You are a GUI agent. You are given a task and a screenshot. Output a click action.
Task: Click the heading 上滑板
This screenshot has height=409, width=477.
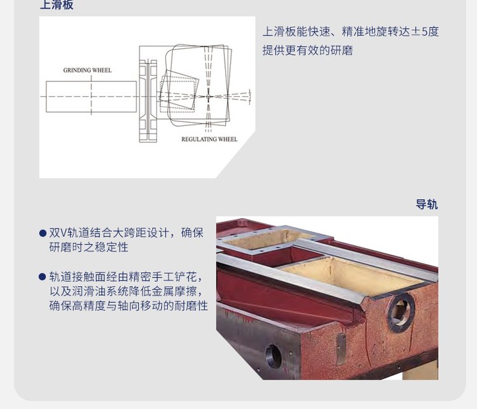[x=57, y=5]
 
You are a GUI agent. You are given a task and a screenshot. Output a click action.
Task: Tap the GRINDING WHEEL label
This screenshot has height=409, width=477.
[x=87, y=71]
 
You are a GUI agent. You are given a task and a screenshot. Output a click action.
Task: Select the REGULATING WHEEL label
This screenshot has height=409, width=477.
[x=209, y=139]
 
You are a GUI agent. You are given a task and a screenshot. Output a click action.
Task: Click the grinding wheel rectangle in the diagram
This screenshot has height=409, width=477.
[x=91, y=97]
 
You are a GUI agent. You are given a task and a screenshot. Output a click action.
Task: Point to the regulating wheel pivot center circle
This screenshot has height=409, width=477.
[x=209, y=97]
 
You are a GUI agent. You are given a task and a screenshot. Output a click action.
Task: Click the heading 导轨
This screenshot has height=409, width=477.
[x=427, y=205]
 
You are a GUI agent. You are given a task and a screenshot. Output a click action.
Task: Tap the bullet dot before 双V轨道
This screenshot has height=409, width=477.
[x=43, y=233]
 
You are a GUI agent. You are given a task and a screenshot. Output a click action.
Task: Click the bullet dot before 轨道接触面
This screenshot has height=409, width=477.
[x=43, y=277]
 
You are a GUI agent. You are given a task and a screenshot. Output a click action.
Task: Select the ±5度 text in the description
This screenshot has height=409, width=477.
[x=425, y=32]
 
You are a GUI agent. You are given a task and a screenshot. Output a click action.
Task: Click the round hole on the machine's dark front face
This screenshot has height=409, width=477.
[x=273, y=356]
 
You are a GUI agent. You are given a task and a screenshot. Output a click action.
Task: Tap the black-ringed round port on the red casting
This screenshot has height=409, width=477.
[x=401, y=313]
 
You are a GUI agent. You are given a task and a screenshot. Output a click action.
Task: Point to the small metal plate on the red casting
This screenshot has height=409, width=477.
[x=341, y=349]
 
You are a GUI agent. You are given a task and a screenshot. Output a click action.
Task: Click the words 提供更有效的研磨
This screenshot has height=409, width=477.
[x=308, y=50]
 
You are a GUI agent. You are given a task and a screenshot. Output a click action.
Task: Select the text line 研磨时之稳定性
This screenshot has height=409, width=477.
[x=88, y=247]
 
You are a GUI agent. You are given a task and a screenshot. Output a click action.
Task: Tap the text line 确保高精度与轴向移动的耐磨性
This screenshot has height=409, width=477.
[x=128, y=306]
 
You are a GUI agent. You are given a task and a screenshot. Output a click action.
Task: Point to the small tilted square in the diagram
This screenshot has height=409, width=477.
[x=179, y=90]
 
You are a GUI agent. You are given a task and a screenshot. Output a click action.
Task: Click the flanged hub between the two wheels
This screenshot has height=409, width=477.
[x=148, y=101]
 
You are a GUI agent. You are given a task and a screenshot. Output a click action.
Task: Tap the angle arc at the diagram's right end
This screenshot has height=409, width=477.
[x=250, y=97]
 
